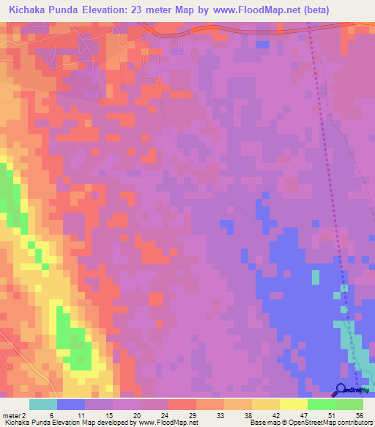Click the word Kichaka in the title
pos(30,10)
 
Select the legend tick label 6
pos(52,415)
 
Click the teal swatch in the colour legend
pos(43,404)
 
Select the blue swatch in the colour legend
pos(71,404)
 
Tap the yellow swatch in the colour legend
pos(294,404)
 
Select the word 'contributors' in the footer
pos(354,423)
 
